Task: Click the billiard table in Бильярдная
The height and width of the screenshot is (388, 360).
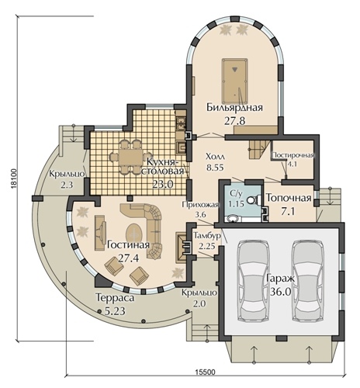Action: (234, 81)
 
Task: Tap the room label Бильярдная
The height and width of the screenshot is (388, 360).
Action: (234, 107)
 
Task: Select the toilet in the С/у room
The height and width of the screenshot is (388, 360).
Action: (253, 200)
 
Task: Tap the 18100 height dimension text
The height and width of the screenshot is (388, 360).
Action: (13, 179)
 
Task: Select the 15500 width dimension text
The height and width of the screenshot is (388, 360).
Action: (205, 372)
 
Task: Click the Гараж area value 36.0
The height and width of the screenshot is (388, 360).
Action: (281, 292)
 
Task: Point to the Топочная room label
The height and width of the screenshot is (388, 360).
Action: (289, 198)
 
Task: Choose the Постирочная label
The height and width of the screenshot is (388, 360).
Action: (293, 155)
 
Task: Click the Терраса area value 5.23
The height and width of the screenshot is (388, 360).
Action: (115, 310)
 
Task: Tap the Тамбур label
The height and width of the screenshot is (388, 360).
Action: (207, 236)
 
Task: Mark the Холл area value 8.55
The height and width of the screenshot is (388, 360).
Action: (215, 167)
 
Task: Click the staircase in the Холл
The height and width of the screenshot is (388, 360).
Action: (259, 150)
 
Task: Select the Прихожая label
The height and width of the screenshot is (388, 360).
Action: (200, 205)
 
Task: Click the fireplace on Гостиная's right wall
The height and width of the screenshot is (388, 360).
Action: (182, 247)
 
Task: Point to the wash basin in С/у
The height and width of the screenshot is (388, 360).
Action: (234, 219)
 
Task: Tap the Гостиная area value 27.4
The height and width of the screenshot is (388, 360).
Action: (129, 258)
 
